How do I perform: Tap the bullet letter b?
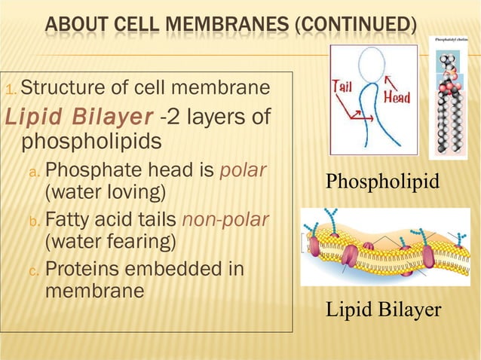point(33,221)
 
